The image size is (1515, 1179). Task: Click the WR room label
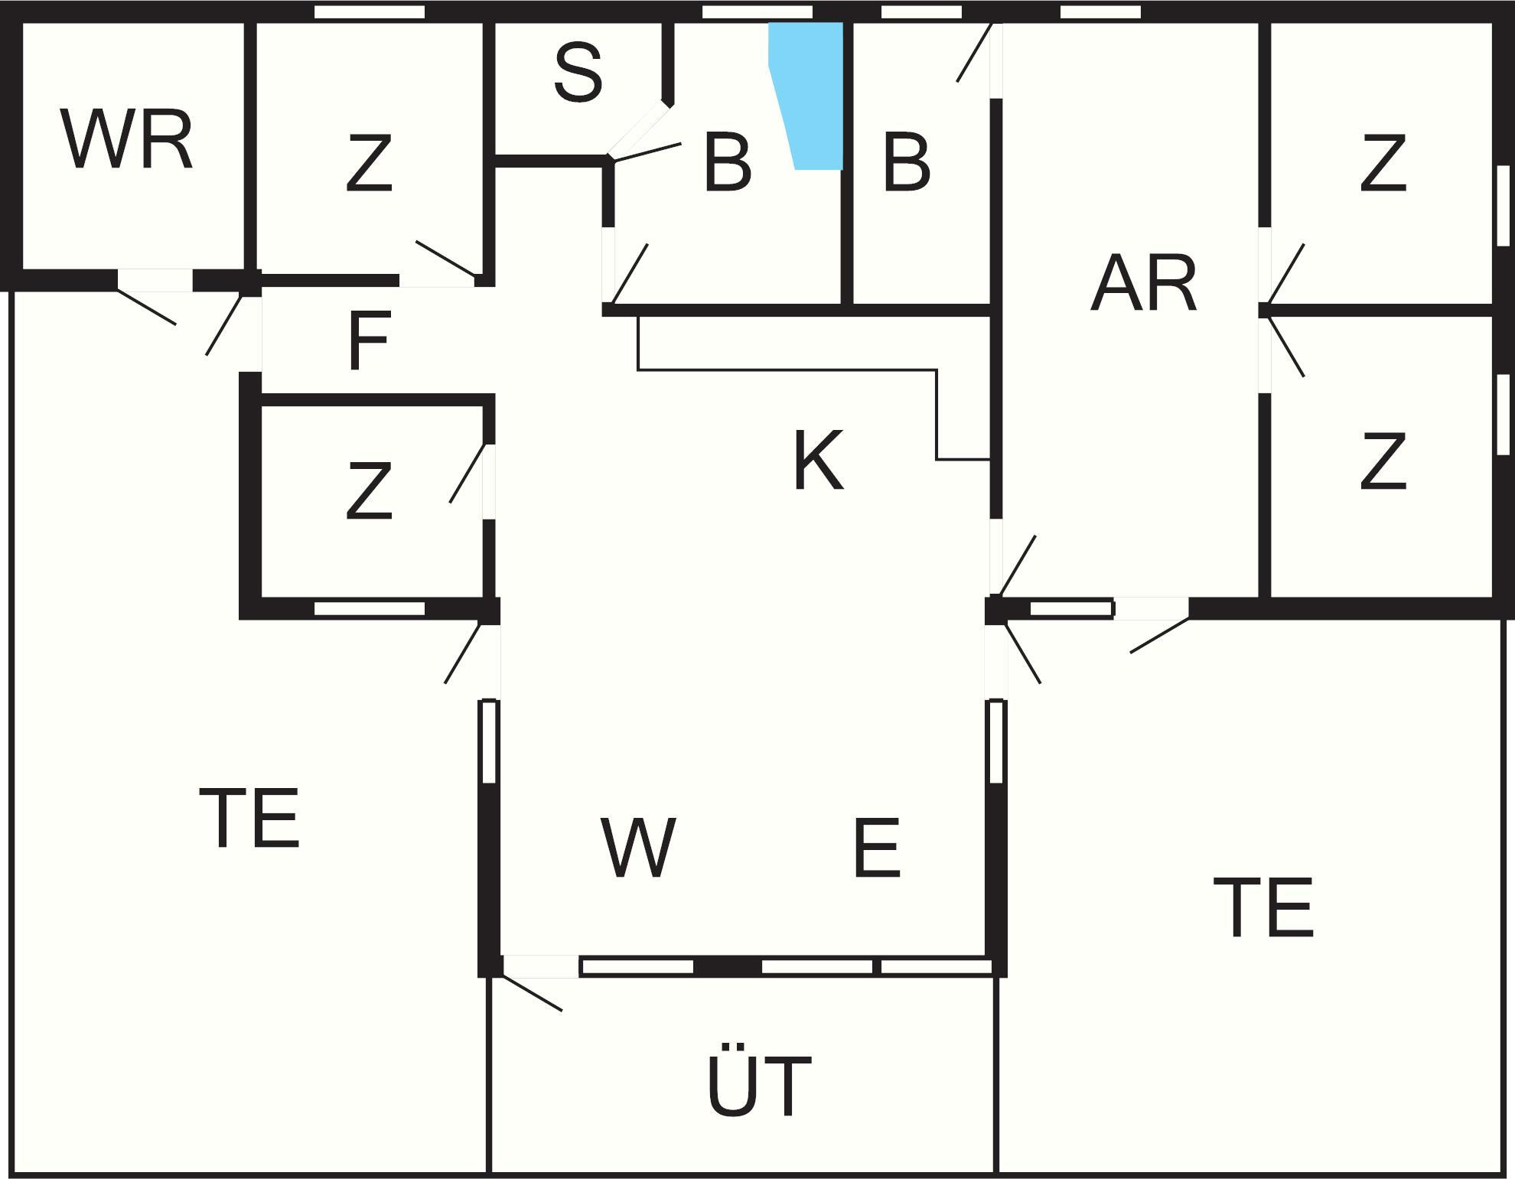(126, 140)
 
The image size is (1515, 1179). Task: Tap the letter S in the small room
(578, 73)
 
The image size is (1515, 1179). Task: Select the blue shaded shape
(806, 96)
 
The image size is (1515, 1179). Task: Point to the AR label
(1143, 284)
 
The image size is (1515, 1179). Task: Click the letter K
(818, 460)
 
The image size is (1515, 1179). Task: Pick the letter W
(637, 847)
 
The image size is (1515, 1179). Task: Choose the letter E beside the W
(876, 847)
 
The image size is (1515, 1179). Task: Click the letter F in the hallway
(369, 340)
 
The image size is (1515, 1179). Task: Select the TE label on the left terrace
(249, 818)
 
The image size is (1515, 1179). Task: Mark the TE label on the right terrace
(1264, 907)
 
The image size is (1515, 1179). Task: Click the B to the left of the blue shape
(727, 162)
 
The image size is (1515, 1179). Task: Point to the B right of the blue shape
(907, 162)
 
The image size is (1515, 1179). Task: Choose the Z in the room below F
(369, 490)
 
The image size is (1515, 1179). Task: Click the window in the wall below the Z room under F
(370, 609)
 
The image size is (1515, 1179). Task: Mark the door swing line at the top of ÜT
(531, 992)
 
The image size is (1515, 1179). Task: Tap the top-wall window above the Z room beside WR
(370, 11)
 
